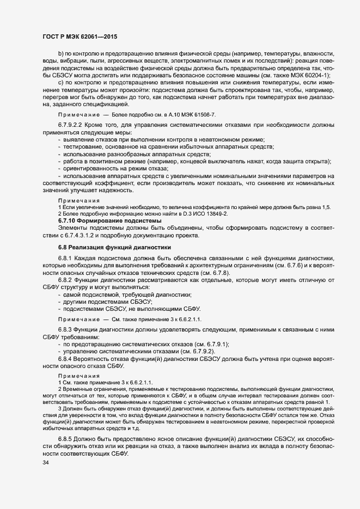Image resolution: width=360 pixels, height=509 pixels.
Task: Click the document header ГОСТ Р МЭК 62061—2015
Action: [80, 36]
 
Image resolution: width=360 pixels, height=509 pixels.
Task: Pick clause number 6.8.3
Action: [65, 330]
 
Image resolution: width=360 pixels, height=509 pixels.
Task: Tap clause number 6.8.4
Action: [65, 359]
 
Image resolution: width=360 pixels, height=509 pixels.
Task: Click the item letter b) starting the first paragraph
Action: [61, 54]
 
